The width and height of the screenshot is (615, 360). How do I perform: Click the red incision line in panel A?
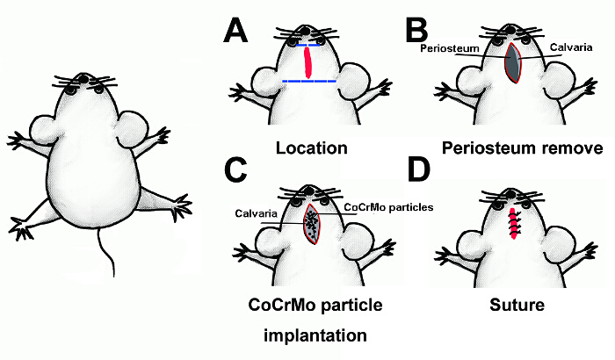coord(308,63)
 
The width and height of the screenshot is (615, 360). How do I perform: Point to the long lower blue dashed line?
coord(309,81)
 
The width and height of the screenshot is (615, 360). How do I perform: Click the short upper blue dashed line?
coord(308,45)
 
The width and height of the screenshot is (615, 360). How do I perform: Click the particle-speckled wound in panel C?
coord(312,225)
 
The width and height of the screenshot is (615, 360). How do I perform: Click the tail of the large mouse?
coord(105,250)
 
